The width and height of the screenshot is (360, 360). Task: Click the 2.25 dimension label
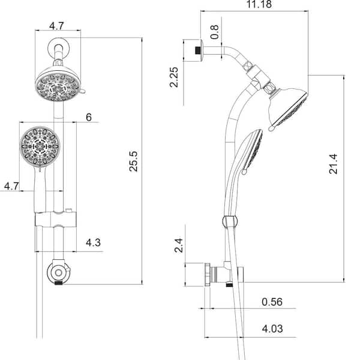tap(174, 77)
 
